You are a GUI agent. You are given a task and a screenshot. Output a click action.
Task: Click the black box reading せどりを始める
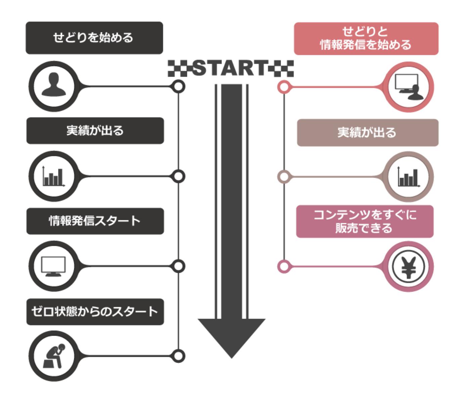tap(94, 38)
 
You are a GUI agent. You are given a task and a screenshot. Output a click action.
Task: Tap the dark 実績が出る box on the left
tap(95, 131)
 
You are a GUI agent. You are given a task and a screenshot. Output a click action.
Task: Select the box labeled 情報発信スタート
tap(95, 221)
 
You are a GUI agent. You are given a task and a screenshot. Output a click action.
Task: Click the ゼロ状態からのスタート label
tap(95, 311)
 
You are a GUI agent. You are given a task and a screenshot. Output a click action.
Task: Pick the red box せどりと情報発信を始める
tap(366, 38)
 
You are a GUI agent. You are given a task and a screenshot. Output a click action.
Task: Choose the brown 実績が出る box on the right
tap(367, 133)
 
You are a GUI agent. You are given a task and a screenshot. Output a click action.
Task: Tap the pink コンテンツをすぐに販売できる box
tap(365, 221)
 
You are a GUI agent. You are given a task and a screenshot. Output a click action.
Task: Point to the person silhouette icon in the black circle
tap(54, 86)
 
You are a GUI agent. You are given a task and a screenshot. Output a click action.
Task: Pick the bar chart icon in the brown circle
tap(408, 177)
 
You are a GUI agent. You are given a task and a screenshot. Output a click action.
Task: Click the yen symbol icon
tap(408, 267)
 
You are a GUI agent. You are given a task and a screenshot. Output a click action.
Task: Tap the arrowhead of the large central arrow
tap(232, 336)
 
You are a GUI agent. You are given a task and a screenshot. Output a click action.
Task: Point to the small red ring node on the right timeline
tap(284, 87)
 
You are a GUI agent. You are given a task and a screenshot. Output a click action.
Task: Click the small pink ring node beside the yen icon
tap(284, 267)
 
